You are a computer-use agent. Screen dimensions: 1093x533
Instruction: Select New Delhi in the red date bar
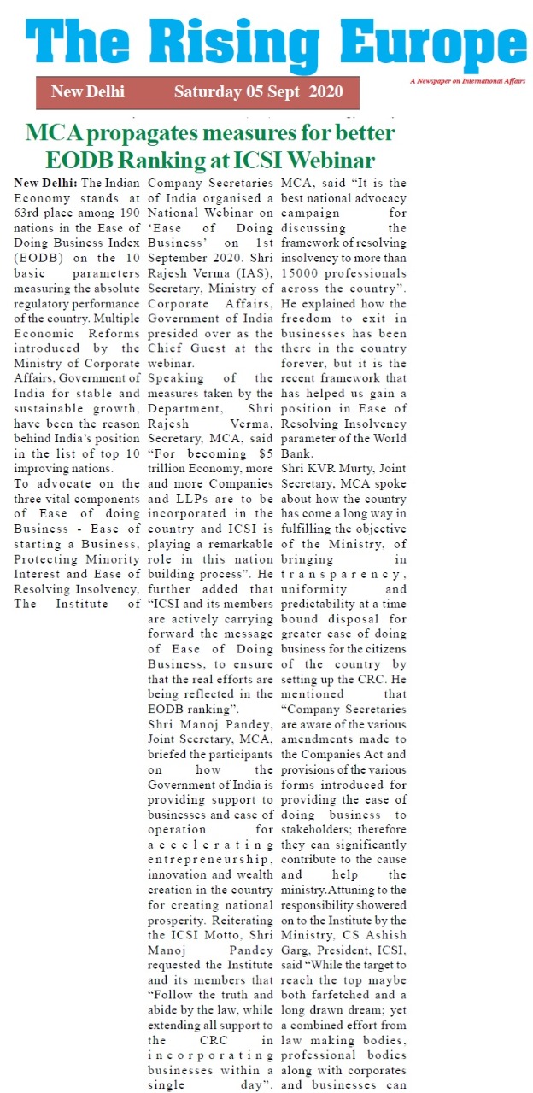(x=87, y=92)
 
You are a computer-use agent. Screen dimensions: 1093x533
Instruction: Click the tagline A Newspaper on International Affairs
(x=467, y=81)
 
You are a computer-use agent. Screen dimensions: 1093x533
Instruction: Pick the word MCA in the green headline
(x=55, y=133)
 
